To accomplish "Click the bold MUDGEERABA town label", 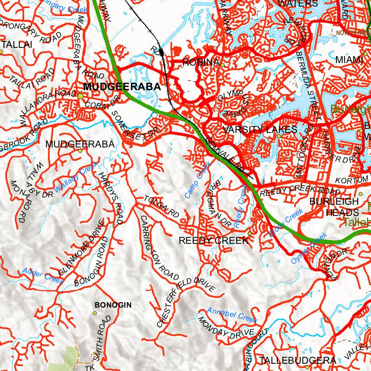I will point(122,87).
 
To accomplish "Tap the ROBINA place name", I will point(200,62).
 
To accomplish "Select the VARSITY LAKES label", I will point(260,130).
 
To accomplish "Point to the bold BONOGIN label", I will point(113,305).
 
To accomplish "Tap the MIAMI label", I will point(349,60).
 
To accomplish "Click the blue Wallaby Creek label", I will point(76,178).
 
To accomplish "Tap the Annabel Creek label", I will point(232,315).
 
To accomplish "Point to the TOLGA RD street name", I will point(162,207).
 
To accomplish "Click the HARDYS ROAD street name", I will point(111,197).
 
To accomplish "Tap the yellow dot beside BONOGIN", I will point(95,313).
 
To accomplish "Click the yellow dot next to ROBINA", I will point(222,65).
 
